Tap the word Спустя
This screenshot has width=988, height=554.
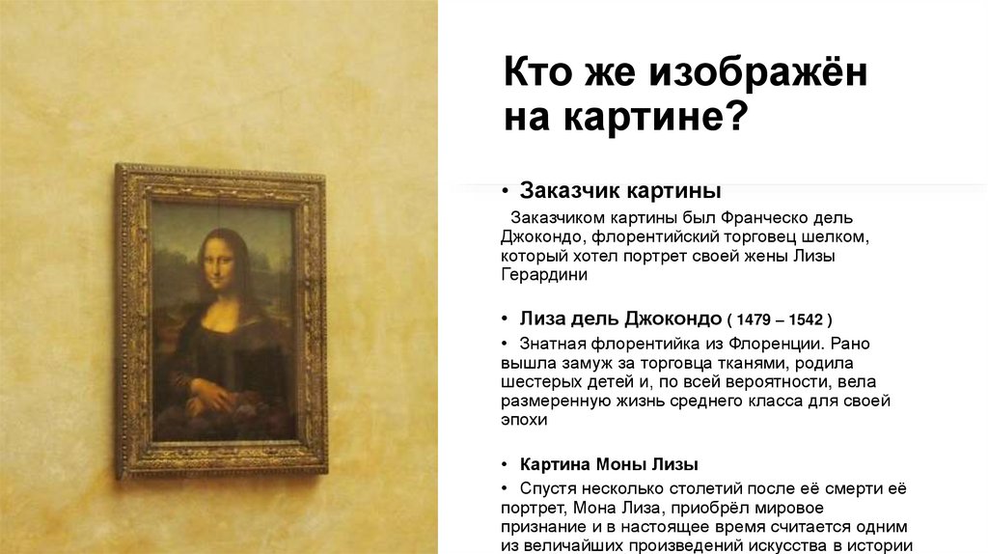tap(548, 488)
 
